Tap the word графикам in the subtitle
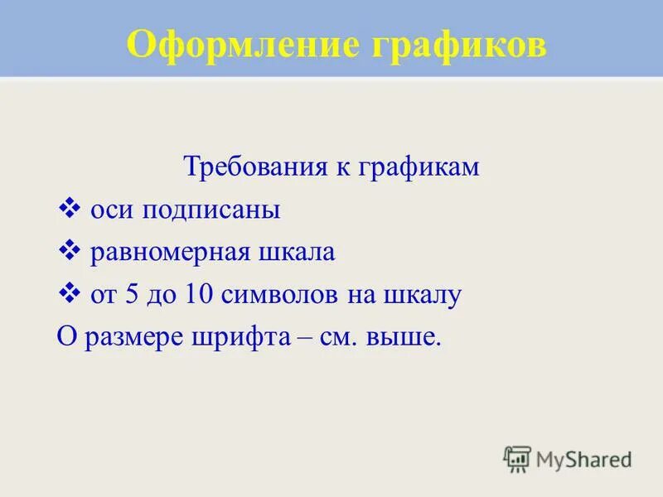[x=419, y=167]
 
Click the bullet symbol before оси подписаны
[x=70, y=209]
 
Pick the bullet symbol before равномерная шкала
[x=70, y=251]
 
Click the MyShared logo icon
[x=517, y=458]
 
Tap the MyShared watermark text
[x=583, y=458]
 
